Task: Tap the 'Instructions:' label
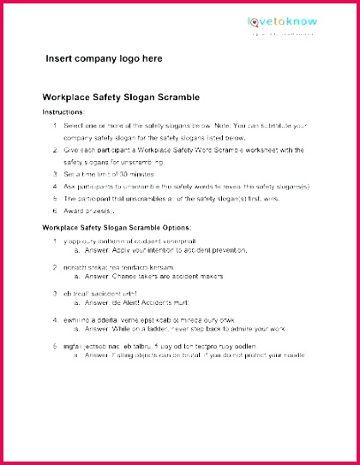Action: click(x=63, y=112)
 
